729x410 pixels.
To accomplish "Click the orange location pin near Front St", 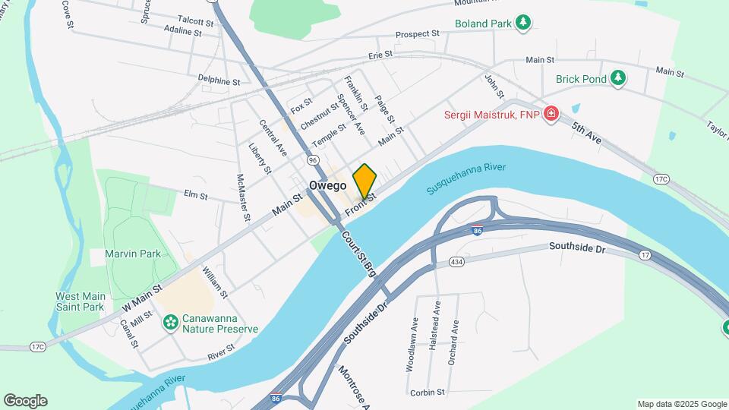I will pos(364,181).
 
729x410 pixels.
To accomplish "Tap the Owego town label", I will pos(328,185).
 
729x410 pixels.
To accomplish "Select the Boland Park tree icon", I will pos(522,23).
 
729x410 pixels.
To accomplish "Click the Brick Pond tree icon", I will pos(619,77).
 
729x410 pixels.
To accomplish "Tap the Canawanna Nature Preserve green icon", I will pos(170,322).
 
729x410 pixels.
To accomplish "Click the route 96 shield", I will pos(313,160).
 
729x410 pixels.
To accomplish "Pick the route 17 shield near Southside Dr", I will pos(645,256).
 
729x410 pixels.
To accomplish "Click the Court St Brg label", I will pos(359,254).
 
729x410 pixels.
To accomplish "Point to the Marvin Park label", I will pos(126,254).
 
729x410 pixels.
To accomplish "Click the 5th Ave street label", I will pos(586,135).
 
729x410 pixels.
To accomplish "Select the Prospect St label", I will pos(417,34).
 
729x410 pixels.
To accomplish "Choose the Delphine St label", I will pos(219,80).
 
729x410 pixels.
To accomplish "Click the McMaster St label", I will pos(244,197).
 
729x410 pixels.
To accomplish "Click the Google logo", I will pos(25,400).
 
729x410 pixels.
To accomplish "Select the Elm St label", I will pos(195,194).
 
